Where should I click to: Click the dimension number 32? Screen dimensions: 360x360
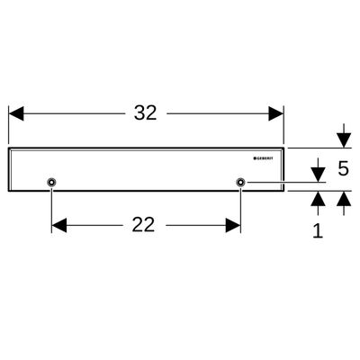[146, 113]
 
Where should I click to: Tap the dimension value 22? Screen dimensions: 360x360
[143, 225]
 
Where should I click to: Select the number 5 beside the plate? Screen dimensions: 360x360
[343, 168]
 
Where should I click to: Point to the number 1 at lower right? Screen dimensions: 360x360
[318, 230]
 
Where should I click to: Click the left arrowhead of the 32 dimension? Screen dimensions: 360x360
[16, 113]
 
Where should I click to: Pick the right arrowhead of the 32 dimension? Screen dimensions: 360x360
[276, 113]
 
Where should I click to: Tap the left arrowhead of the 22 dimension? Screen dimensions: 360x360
[59, 225]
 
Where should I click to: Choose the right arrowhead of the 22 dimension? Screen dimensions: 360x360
[233, 225]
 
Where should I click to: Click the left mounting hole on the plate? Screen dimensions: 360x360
[51, 182]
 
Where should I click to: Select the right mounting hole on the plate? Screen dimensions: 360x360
[240, 182]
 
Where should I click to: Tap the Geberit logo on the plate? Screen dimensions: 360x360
[264, 158]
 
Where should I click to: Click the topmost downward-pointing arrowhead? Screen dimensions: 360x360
[344, 140]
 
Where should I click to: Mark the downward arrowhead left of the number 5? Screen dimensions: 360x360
[318, 175]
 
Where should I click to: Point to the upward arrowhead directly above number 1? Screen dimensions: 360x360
[318, 199]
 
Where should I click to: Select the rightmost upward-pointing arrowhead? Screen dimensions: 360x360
[344, 199]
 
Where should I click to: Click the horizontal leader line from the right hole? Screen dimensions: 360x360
[285, 182]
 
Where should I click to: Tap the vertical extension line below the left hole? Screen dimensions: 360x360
[51, 210]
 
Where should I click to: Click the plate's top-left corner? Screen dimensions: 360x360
[8, 148]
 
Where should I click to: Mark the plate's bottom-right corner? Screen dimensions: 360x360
[283, 191]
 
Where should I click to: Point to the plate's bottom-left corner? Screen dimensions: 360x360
[8, 191]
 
